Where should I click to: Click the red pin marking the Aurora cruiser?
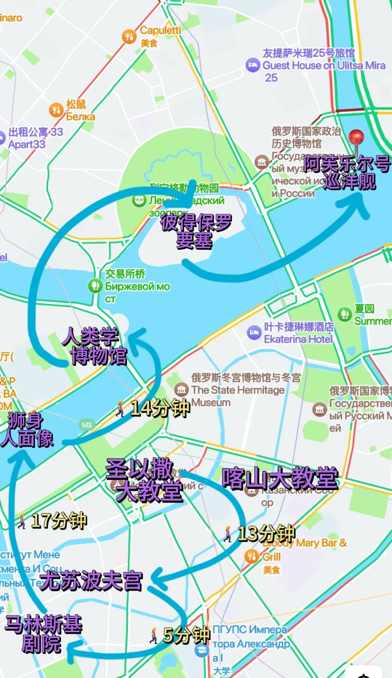coord(356,137)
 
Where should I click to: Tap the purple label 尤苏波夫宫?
coord(91,581)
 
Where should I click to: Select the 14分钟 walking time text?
coord(160,408)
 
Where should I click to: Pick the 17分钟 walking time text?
coord(59,521)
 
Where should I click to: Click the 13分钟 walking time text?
coord(266,534)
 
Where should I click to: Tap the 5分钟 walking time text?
coord(186,635)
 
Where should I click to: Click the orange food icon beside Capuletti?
coord(129,36)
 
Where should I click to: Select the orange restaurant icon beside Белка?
coord(56,110)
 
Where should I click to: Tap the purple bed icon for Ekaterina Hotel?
coord(254,333)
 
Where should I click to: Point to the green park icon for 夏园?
coord(344,314)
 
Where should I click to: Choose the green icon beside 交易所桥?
coord(95,285)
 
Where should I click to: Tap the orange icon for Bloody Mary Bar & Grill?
coord(251,557)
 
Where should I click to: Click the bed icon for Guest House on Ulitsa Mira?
coord(252,65)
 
